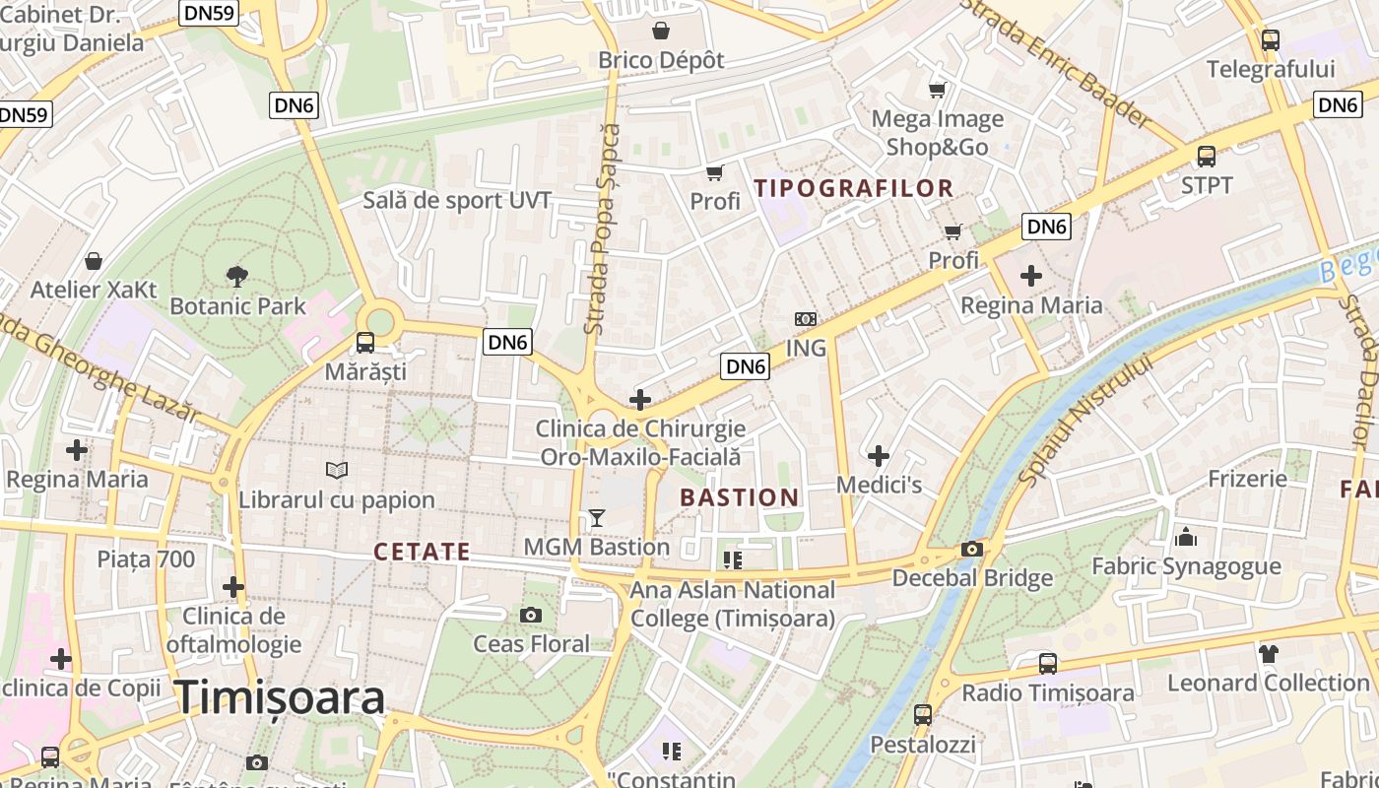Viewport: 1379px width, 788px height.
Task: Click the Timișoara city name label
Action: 280,697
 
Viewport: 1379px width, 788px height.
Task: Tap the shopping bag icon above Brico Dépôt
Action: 661,31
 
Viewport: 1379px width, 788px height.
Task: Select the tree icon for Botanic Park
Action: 236,276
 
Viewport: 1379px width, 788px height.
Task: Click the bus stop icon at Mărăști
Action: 365,343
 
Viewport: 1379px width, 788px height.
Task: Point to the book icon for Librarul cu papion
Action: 337,471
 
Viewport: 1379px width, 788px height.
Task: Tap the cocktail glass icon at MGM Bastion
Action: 596,517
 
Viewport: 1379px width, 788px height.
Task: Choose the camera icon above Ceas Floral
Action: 531,616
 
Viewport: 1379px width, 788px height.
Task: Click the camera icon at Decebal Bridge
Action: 972,550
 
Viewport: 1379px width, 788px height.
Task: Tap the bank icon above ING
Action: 806,319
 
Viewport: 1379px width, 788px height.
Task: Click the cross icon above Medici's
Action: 879,455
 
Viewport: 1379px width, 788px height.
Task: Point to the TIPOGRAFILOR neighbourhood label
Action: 853,188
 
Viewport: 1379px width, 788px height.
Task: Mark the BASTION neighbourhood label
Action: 739,497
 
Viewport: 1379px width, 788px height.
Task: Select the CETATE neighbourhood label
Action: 422,552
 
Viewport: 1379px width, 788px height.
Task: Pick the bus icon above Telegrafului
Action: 1271,40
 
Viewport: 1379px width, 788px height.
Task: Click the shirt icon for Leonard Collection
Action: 1268,653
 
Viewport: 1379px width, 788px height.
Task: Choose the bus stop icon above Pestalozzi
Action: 923,715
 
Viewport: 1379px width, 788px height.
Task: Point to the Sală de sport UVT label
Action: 457,201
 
